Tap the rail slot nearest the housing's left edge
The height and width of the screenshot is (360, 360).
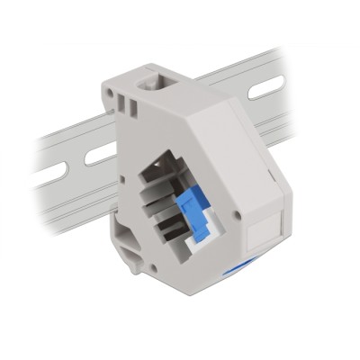pos(99,154)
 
